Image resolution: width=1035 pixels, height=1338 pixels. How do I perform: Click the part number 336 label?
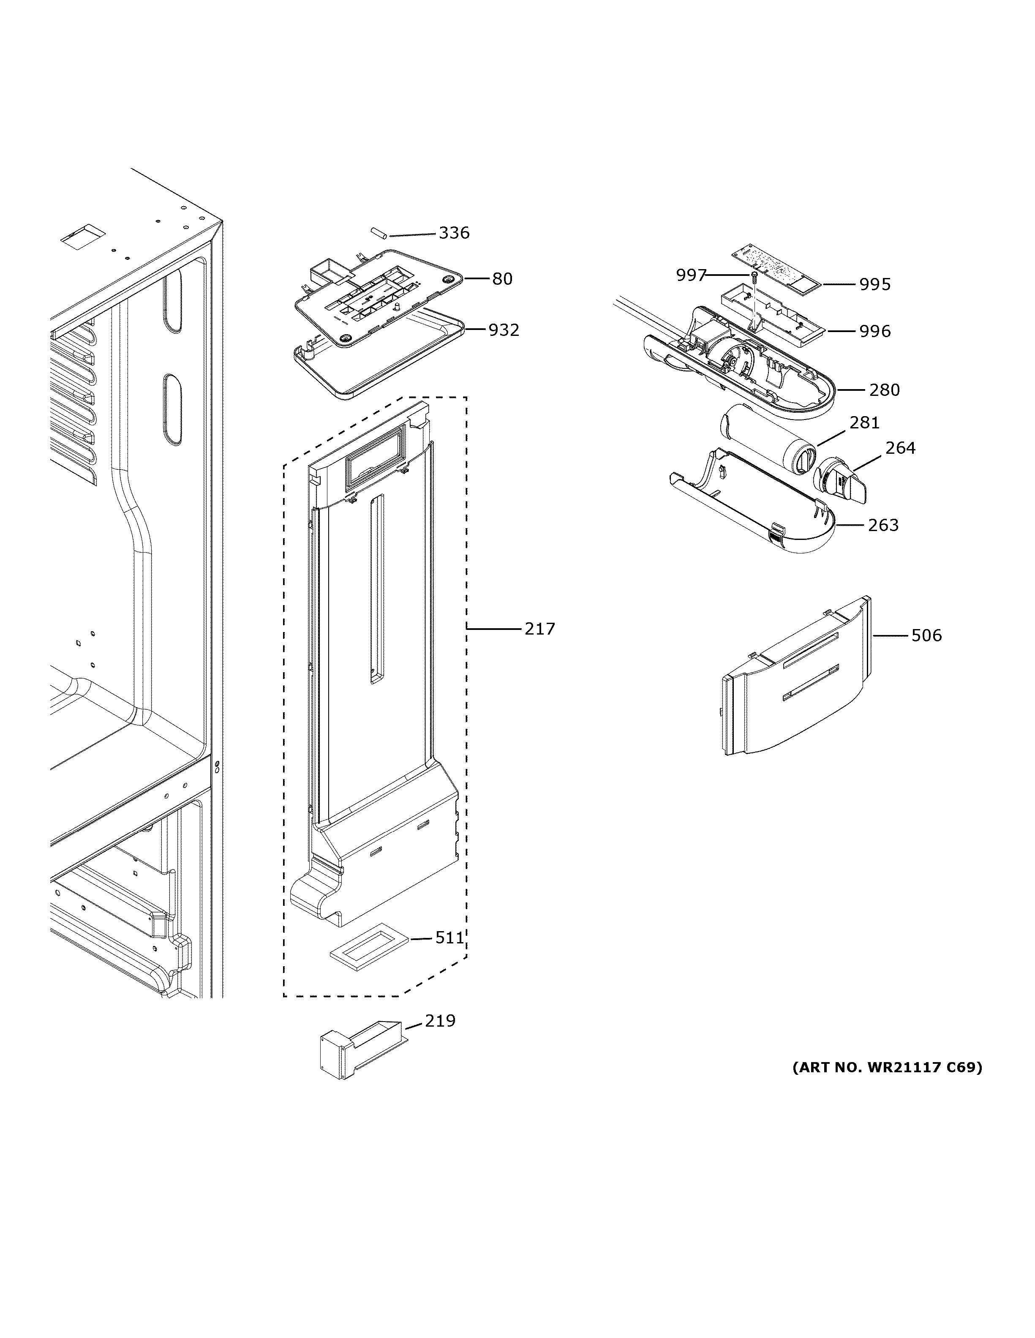point(454,233)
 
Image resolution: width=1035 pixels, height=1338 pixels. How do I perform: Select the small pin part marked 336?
point(377,233)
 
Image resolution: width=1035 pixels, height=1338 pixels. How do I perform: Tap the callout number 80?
point(502,279)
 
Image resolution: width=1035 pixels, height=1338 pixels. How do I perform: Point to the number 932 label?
point(504,330)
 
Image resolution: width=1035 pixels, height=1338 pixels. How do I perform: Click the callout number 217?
point(539,629)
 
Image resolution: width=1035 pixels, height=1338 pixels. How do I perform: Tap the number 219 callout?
point(440,1021)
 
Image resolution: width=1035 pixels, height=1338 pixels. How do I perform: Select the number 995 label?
point(874,284)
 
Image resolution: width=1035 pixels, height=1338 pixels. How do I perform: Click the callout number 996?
point(874,331)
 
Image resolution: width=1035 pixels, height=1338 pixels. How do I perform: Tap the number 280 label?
point(884,390)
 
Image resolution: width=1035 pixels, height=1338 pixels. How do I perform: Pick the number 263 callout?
point(883,525)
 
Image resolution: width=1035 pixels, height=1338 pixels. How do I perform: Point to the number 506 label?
point(926,636)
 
